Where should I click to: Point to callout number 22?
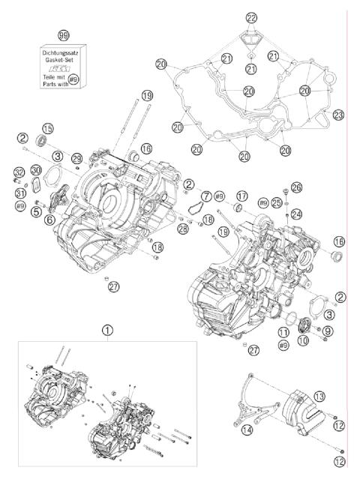coord(250,18)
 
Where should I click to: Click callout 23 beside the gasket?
coord(338,115)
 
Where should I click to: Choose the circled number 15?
coord(48,127)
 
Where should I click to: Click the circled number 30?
coord(36,169)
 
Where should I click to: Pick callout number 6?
coord(49,220)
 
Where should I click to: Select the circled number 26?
coord(297,187)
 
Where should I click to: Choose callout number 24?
coord(296,214)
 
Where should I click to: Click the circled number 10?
coord(304,340)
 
